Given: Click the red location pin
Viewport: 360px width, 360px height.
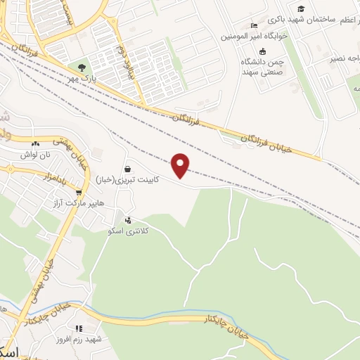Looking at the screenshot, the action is [181, 165].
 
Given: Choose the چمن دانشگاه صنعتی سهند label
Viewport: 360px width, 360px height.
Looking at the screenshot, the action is [262, 66].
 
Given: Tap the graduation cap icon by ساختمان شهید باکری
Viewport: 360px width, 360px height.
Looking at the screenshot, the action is [301, 8].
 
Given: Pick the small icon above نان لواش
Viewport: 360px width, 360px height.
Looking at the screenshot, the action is [34, 143].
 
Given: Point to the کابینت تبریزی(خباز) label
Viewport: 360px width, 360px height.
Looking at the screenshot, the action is [127, 179].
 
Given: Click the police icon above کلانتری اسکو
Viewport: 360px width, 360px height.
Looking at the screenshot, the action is [127, 220].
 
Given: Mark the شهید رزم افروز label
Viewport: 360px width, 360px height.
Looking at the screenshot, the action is [79, 339].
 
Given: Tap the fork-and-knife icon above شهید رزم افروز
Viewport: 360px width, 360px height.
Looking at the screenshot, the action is [79, 328].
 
